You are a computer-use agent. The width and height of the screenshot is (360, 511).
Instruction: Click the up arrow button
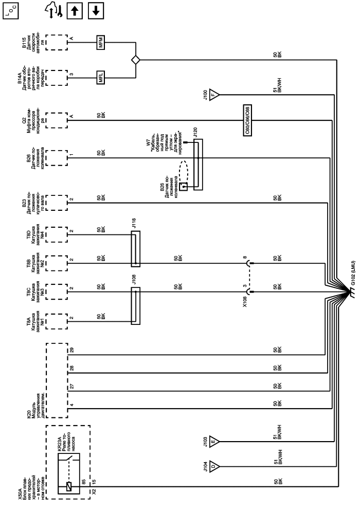tap(75, 11)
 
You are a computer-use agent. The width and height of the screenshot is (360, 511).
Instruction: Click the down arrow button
tap(96, 11)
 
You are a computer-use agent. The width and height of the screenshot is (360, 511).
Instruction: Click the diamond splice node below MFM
tap(135, 60)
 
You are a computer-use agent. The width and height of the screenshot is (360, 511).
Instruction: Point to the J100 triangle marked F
tap(214, 95)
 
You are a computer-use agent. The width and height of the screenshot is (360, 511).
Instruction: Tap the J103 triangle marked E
tap(214, 442)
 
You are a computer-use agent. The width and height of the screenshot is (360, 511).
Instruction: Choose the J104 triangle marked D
tap(214, 467)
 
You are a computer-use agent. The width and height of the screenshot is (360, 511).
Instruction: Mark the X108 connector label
tap(245, 302)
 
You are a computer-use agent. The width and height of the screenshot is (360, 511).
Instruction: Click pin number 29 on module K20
tap(71, 350)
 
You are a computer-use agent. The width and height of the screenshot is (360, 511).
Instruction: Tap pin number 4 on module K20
tap(71, 405)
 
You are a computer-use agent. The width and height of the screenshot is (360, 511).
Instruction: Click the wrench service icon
tap(55, 11)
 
